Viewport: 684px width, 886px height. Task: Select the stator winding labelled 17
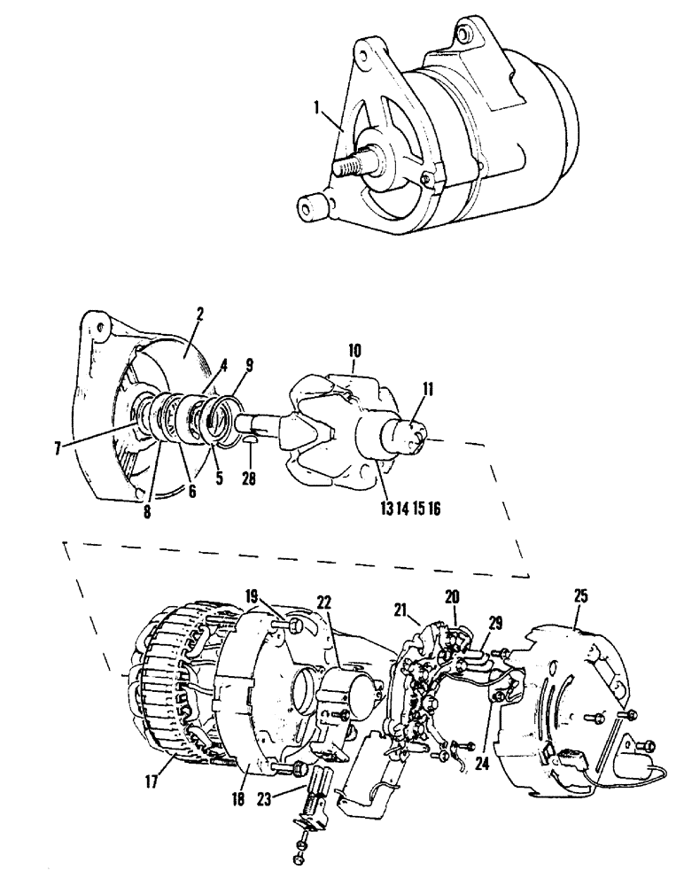[x=173, y=691]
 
